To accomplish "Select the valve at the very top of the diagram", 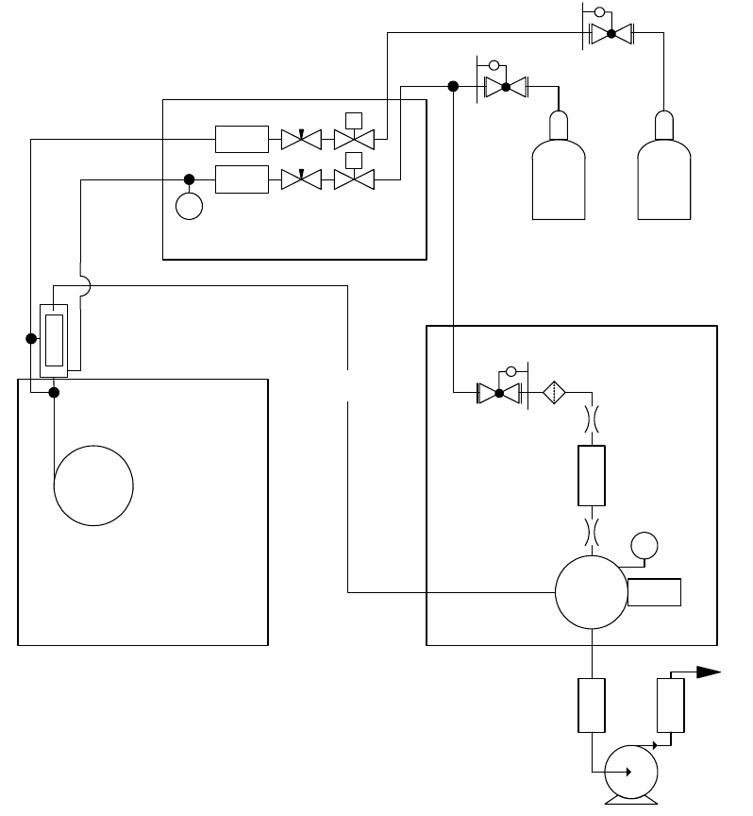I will pos(611,34).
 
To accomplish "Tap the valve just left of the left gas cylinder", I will pos(505,87).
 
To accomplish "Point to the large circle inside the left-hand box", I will pos(93,486).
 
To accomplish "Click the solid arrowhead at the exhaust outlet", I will pos(708,672).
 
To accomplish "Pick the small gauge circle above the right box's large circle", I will pos(644,545).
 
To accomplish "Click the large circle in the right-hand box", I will pos(591,592).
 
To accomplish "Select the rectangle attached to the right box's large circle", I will pos(654,592).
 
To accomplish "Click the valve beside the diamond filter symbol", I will pos(499,391).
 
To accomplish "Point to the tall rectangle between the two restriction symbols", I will pos(591,474).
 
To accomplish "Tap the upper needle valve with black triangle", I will pos(302,139).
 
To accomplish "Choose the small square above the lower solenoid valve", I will pos(354,158).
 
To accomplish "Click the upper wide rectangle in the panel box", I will pos(242,139).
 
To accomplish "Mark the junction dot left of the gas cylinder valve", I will pos(453,87).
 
